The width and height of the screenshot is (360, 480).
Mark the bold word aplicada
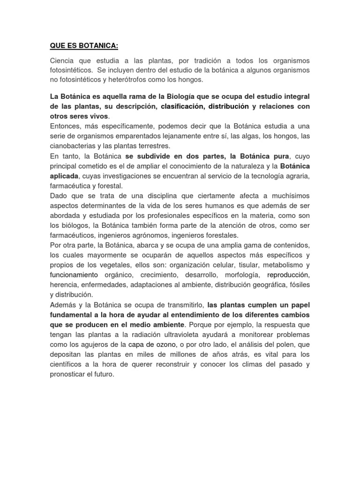(65, 176)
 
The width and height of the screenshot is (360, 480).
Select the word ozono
(165, 345)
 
